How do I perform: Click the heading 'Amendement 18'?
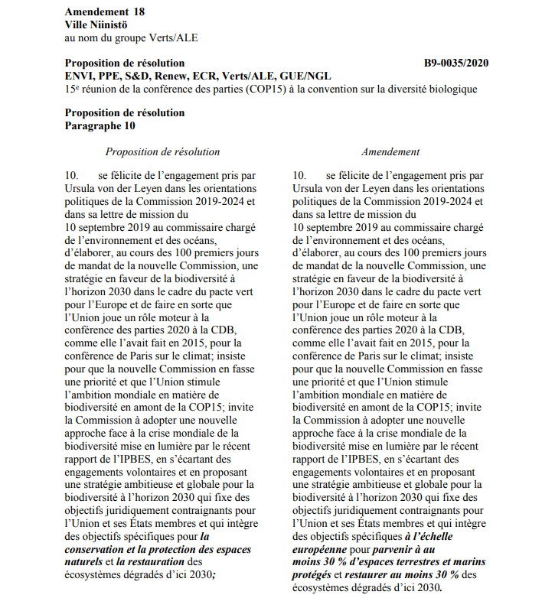tap(105, 12)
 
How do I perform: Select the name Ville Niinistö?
tap(98, 24)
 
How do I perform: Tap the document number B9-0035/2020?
tap(456, 63)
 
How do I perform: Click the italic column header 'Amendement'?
tap(390, 151)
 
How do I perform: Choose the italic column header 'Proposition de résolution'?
tap(162, 151)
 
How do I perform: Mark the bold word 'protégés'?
tap(312, 574)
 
